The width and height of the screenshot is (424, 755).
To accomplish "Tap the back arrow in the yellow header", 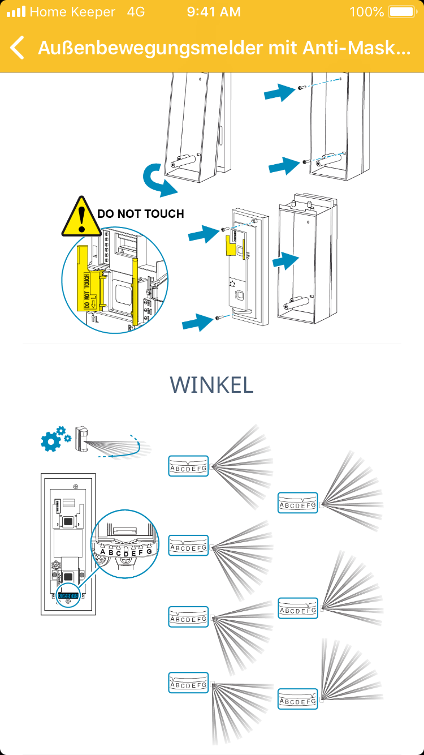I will [18, 48].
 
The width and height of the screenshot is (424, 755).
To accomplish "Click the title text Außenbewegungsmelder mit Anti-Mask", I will [224, 48].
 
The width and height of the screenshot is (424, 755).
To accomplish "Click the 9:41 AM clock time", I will [214, 12].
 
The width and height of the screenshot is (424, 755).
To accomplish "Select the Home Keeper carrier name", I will [72, 12].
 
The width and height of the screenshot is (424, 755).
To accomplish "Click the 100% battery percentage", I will [366, 12].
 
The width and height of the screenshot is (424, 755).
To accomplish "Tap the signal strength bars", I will [16, 12].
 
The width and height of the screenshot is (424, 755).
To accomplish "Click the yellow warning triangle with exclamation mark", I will [81, 216].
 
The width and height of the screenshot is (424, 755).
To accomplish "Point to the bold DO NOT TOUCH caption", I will [141, 214].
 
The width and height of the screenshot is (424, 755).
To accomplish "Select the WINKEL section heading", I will [211, 385].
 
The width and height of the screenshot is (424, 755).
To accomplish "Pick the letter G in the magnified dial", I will [149, 551].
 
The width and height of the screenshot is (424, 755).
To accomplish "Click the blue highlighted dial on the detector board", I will [68, 595].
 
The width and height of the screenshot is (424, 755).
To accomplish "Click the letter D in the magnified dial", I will [126, 553].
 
